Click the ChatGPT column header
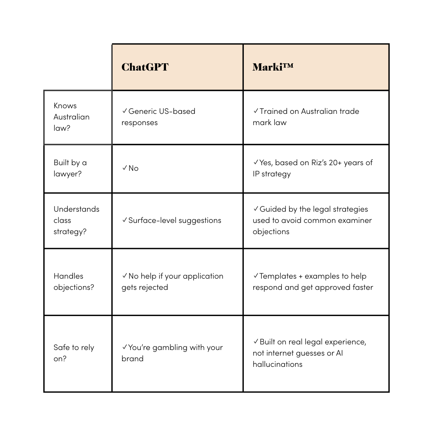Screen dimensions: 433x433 [x=145, y=67]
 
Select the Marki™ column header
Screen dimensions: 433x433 [x=273, y=67]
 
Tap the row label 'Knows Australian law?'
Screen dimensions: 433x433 [x=71, y=117]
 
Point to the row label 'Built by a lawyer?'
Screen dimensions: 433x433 [x=70, y=168]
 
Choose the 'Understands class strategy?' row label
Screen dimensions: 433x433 [x=76, y=220]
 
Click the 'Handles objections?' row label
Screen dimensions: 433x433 [x=74, y=281]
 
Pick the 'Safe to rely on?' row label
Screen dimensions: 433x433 [x=74, y=353]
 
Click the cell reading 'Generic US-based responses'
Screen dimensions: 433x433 [x=159, y=117]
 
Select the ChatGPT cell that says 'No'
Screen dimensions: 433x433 [x=133, y=168]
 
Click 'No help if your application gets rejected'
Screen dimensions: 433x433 [x=172, y=281]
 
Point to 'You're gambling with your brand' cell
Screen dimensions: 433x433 [x=172, y=353]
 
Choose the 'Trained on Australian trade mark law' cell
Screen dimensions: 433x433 [x=306, y=117]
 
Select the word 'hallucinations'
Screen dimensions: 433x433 [x=277, y=364]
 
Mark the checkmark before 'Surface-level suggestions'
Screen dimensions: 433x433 [x=124, y=220]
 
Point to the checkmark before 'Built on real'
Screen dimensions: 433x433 [x=256, y=342]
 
